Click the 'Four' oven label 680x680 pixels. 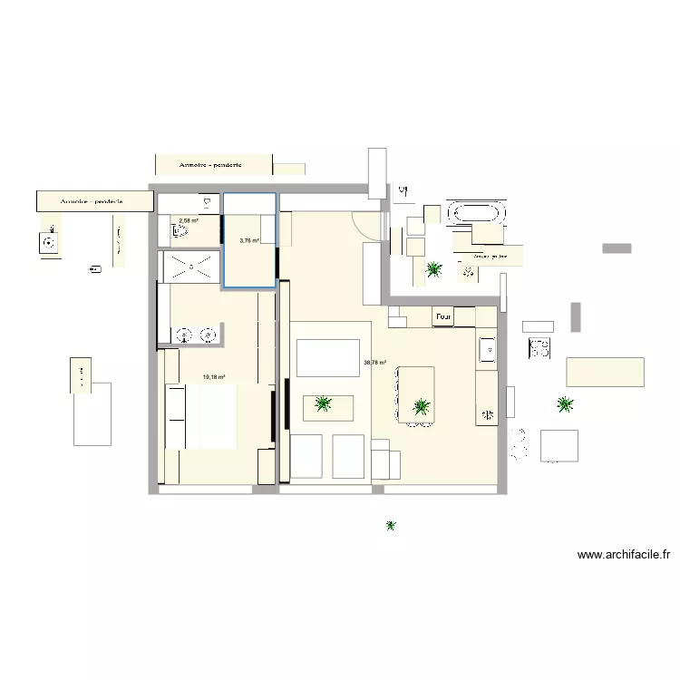click(442, 316)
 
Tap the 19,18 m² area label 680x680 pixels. click(214, 378)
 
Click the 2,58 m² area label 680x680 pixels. click(189, 220)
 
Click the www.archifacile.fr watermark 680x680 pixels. click(627, 556)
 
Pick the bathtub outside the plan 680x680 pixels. click(478, 214)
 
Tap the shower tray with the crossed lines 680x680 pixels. click(191, 266)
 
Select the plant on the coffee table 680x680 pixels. click(323, 404)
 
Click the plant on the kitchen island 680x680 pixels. click(420, 407)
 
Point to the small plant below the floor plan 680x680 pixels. click(391, 525)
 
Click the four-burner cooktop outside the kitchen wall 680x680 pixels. click(539, 346)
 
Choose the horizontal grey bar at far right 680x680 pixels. click(617, 248)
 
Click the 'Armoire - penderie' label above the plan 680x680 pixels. click(211, 165)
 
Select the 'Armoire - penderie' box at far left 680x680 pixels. click(92, 201)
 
